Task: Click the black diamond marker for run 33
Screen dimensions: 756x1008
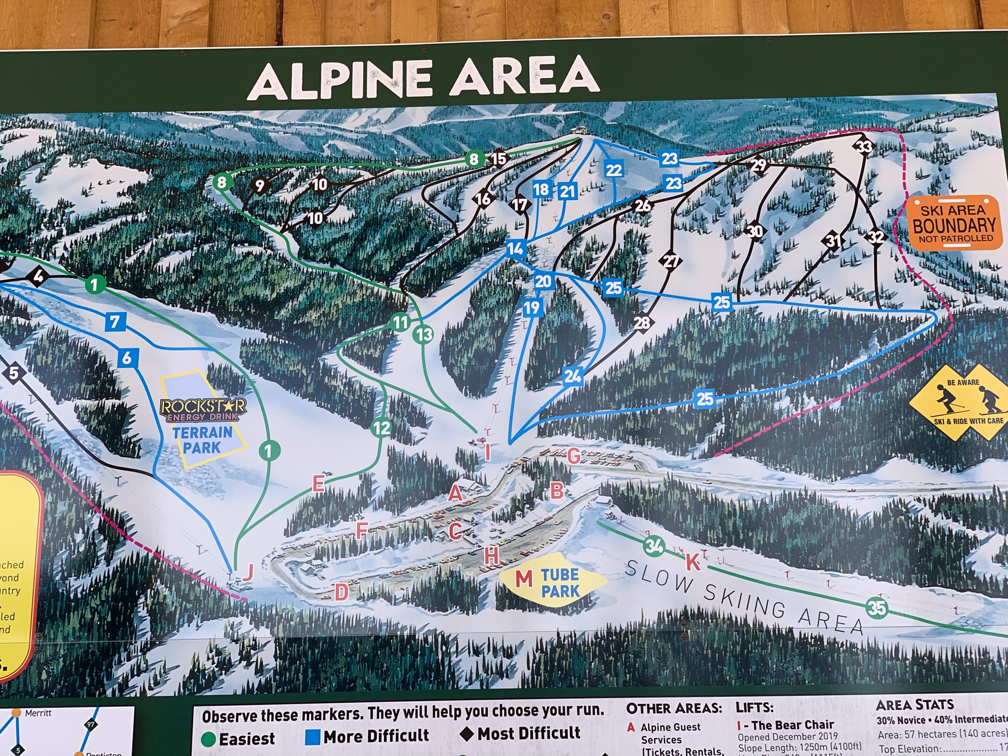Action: pyautogui.click(x=864, y=147)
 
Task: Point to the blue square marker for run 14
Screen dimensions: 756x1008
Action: pyautogui.click(x=515, y=249)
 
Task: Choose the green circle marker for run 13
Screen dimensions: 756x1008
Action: pyautogui.click(x=423, y=335)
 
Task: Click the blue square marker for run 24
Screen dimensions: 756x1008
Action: pyautogui.click(x=572, y=377)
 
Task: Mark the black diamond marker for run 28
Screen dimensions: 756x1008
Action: pyautogui.click(x=642, y=323)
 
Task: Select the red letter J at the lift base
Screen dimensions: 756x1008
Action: pyautogui.click(x=248, y=572)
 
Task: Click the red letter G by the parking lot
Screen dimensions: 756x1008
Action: pyautogui.click(x=573, y=456)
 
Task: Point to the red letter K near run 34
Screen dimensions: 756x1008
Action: pyautogui.click(x=693, y=562)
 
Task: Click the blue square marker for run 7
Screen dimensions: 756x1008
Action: pyautogui.click(x=115, y=322)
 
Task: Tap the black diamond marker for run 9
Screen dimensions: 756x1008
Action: pyautogui.click(x=260, y=186)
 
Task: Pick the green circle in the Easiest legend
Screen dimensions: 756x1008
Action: pyautogui.click(x=209, y=739)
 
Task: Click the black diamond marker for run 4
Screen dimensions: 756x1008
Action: pyautogui.click(x=38, y=277)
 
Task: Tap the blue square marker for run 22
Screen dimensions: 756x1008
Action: pyautogui.click(x=614, y=170)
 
